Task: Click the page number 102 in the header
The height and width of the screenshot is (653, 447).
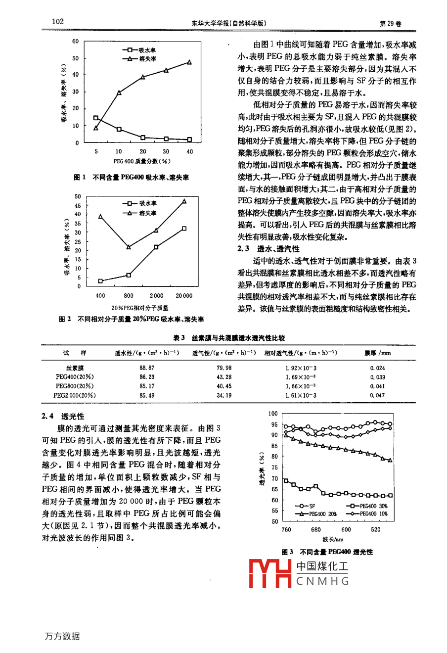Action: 57,22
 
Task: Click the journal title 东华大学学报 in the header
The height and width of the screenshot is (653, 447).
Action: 208,23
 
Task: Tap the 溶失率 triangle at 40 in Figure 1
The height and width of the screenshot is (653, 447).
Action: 189,62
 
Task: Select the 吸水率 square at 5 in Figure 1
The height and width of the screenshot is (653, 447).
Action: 95,118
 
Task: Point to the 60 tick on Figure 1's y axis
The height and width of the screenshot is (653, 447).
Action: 75,42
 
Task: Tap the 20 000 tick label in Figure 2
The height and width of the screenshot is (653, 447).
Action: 184,296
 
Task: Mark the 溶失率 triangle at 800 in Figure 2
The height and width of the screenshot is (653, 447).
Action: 129,247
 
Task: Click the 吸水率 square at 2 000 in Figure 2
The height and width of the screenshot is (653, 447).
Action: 156,247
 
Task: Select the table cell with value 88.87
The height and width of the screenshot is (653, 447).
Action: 147,368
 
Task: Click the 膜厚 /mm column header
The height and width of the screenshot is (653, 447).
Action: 377,353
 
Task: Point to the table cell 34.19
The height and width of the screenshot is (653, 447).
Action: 224,396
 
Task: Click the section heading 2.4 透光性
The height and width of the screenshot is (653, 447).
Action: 63,417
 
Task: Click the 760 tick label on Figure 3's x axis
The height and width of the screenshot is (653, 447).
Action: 286,530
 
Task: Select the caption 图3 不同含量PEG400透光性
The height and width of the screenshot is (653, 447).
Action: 327,552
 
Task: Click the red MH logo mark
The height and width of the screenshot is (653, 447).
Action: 270,573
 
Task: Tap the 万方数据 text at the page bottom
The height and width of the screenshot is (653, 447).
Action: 62,637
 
